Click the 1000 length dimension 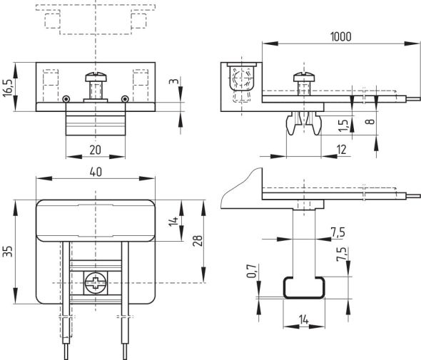(340, 37)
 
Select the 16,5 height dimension (8, 87)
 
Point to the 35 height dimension (8, 252)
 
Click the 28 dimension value (196, 242)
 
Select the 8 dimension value (369, 121)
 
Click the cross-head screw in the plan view (95, 284)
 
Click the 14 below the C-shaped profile (303, 319)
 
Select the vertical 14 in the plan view (171, 222)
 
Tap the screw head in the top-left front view (95, 75)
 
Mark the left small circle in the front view (66, 98)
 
